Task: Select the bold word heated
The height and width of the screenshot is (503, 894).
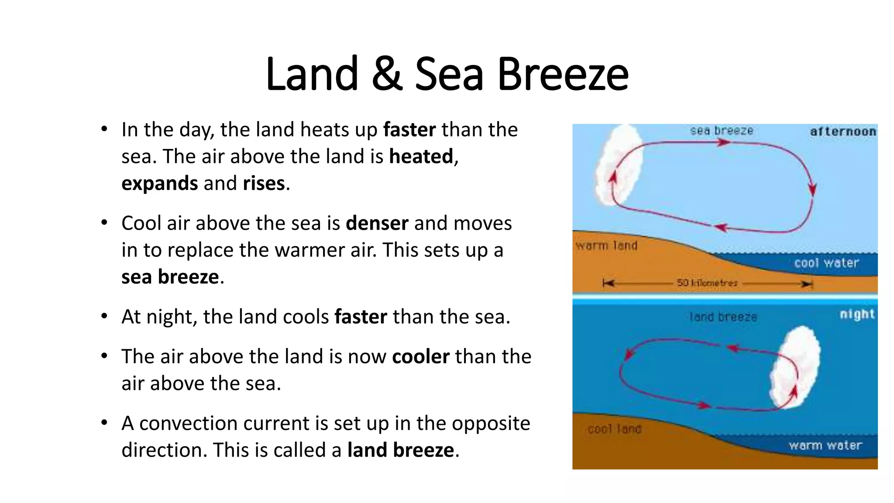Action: (x=421, y=156)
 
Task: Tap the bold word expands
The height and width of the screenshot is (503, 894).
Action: (x=160, y=183)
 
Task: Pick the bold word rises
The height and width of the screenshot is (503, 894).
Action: (x=264, y=183)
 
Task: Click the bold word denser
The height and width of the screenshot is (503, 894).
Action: (x=377, y=223)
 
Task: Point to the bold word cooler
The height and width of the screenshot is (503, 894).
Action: (x=421, y=357)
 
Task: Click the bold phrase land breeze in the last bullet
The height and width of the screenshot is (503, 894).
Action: (x=401, y=450)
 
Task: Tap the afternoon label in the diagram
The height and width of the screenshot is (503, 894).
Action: (x=842, y=131)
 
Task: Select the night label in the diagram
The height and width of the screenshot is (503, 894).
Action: (x=857, y=314)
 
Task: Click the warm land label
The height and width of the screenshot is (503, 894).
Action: (x=606, y=246)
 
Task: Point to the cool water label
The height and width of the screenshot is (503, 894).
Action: (x=826, y=263)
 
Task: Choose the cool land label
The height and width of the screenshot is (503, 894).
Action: (x=614, y=429)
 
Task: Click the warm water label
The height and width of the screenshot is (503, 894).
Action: (x=825, y=445)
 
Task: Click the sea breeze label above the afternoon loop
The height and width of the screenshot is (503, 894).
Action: (x=722, y=131)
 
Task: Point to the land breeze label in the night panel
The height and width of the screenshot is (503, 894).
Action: (x=723, y=317)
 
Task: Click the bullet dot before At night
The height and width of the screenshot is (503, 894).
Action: (x=104, y=316)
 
